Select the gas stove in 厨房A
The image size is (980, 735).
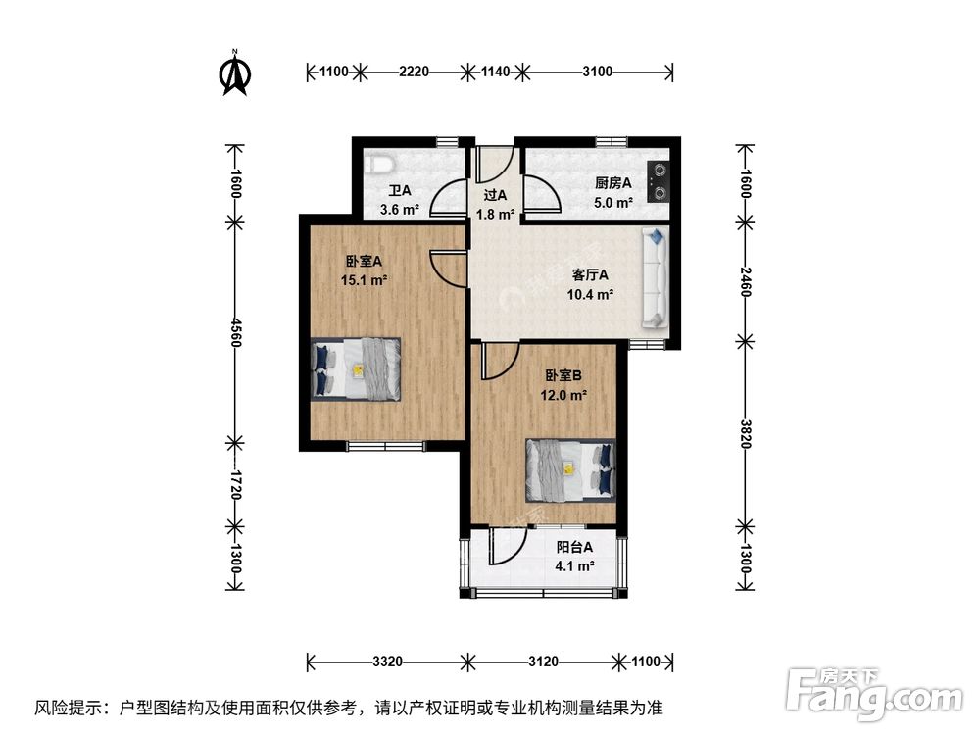pos(659,179)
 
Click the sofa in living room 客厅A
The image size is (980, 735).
pos(654,278)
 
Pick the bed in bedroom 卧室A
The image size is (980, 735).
pos(357,368)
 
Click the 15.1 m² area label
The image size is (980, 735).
pos(365,279)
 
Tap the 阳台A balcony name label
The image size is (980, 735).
pos(574,548)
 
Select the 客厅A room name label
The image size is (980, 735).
pos(591,274)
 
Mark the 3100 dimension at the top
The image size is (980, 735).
pos(597,71)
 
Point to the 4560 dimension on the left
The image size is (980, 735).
pos(235,336)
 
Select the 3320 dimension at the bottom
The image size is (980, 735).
pos(388,661)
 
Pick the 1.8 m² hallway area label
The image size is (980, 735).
pos(496,214)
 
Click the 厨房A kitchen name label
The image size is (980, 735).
pos(612,183)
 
